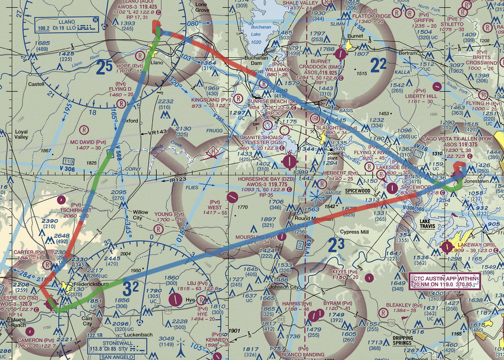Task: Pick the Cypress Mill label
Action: [x=355, y=232]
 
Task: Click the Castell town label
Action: [x=37, y=84]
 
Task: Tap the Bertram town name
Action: [x=408, y=53]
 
